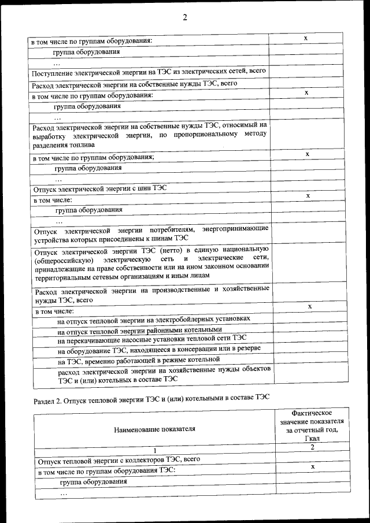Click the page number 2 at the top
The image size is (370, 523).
click(x=185, y=17)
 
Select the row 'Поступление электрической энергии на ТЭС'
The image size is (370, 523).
click(x=149, y=72)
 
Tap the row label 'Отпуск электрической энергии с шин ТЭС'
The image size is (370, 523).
click(x=96, y=188)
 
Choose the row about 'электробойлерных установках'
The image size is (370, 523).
click(x=154, y=318)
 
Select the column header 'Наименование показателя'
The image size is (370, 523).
click(x=154, y=429)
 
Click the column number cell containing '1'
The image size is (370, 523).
click(x=154, y=451)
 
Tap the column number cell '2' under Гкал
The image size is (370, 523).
click(x=312, y=447)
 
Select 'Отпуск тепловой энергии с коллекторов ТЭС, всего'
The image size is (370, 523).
click(x=119, y=461)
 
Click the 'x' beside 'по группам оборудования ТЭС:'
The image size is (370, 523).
click(x=312, y=466)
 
